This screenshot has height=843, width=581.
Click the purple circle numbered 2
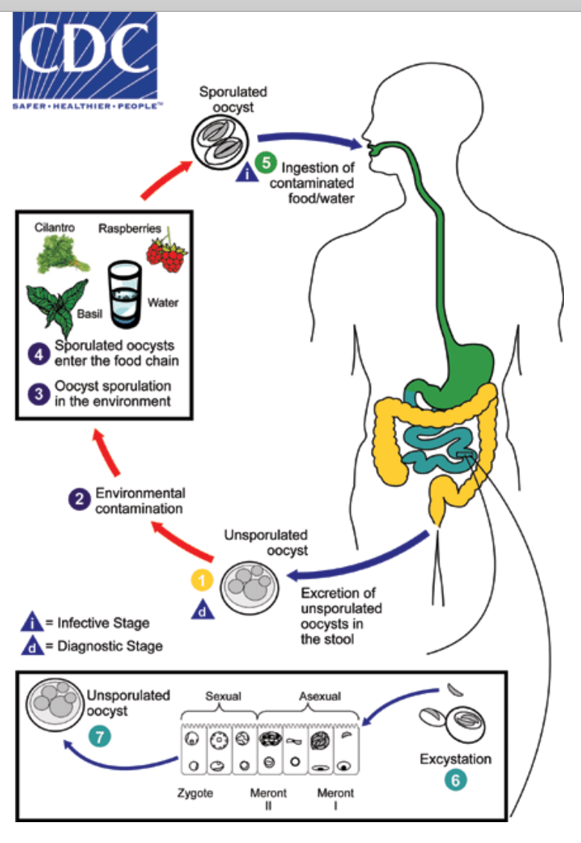pos(78,499)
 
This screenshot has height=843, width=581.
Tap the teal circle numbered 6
pos(456,780)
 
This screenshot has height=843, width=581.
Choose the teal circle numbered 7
pos(99,736)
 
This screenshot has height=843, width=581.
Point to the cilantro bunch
pos(63,253)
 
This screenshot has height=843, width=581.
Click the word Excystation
pos(456,760)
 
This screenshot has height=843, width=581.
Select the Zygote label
pos(196,793)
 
